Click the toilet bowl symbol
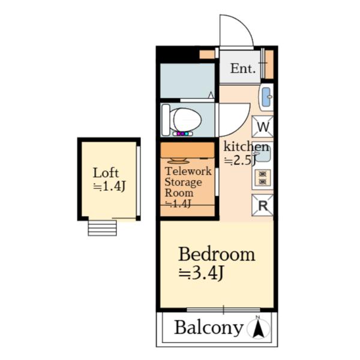(x=187, y=120)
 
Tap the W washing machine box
(x=263, y=127)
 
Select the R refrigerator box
(x=263, y=205)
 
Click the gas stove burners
(x=263, y=178)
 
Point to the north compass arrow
(x=258, y=327)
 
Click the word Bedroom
(x=217, y=254)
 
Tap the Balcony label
(x=208, y=328)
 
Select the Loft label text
(x=106, y=173)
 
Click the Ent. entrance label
(x=242, y=68)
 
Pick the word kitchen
(x=246, y=146)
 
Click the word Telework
(x=188, y=171)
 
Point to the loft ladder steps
(x=102, y=228)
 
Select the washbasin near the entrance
(x=266, y=97)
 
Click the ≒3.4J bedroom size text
(x=201, y=274)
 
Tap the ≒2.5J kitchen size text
(x=239, y=160)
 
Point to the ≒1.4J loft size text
(x=109, y=186)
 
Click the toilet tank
(x=166, y=120)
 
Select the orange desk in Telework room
(x=188, y=150)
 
